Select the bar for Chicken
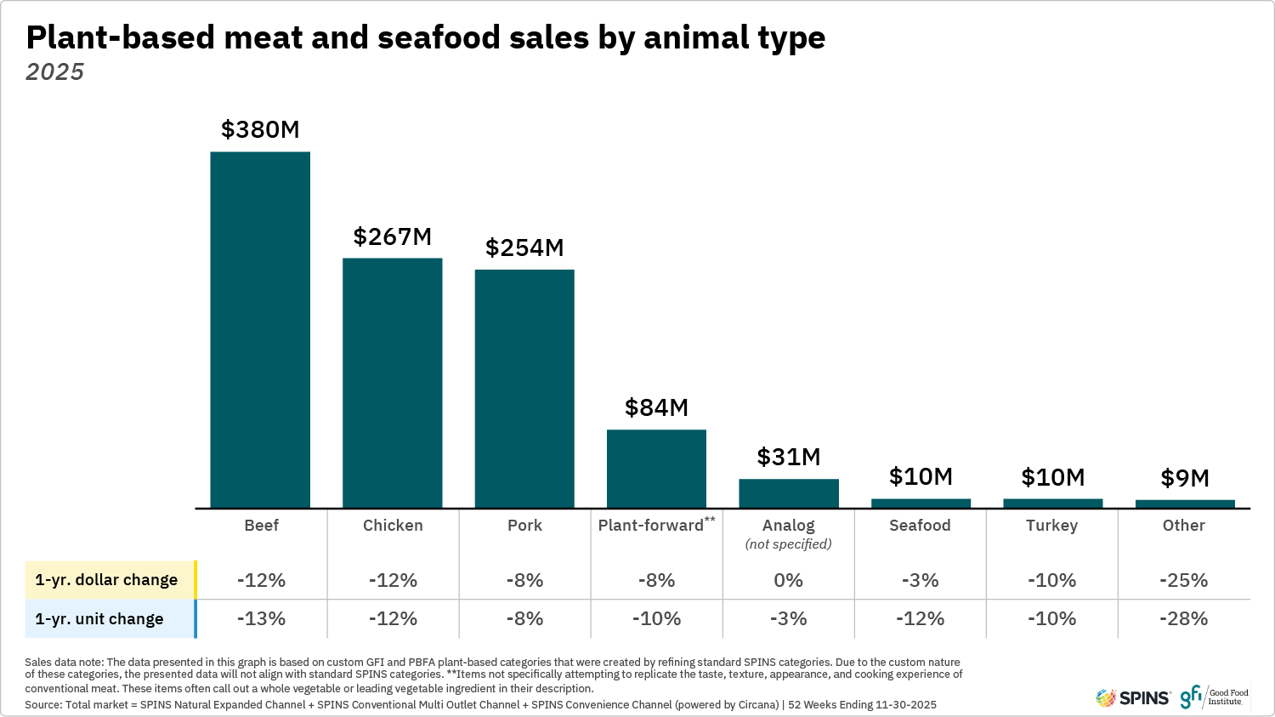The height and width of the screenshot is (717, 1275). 392,383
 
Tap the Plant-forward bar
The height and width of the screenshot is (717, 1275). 656,469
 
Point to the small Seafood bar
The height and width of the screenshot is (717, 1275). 921,504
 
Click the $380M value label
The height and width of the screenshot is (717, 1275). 260,129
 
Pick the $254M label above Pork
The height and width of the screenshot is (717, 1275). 524,248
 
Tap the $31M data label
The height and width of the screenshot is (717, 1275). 789,457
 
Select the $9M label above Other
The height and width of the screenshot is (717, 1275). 1185,478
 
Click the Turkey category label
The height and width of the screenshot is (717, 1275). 1051,525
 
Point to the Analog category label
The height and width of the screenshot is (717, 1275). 788,526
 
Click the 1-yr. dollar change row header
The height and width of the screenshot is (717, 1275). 106,580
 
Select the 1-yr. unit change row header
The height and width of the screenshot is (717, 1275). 99,618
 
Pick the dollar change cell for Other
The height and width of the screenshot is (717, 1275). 1183,580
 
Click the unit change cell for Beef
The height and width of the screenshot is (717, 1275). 261,618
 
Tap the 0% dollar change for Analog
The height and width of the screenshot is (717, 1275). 788,580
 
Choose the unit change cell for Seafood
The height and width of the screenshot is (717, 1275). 920,618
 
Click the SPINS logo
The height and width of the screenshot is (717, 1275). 1133,697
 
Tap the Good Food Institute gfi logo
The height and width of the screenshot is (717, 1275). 1214,697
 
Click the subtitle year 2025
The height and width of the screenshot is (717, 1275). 55,72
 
